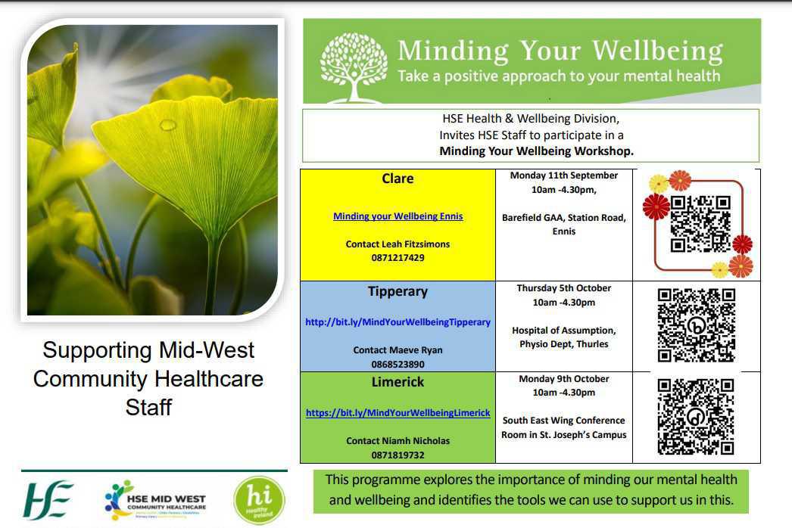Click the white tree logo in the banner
[x=354, y=67]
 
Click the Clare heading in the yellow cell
[x=398, y=179]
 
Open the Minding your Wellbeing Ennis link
[x=398, y=216]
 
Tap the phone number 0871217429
[x=398, y=258]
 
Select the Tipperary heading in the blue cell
[x=398, y=291]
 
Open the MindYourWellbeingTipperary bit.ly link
[x=398, y=322]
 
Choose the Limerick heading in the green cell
[x=398, y=382]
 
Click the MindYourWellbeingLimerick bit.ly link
[x=398, y=413]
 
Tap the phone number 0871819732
[x=398, y=455]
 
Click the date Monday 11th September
[x=563, y=175]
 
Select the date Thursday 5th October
[x=563, y=288]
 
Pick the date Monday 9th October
[x=563, y=379]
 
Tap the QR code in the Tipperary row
[x=696, y=325]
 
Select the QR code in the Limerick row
[x=696, y=416]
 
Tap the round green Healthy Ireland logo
[x=259, y=500]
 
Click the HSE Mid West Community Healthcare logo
[x=155, y=501]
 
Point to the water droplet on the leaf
[x=167, y=125]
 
